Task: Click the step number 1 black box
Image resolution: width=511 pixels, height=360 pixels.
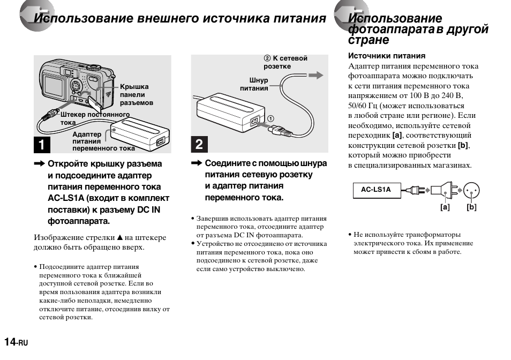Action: point(42,145)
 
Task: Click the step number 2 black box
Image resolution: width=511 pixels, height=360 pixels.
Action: point(199,145)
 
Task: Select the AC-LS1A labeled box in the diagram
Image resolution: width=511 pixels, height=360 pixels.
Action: point(376,190)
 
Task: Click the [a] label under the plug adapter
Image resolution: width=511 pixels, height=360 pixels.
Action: point(445,207)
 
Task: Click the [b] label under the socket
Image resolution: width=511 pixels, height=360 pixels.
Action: point(471,207)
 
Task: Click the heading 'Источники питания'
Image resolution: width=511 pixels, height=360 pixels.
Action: point(387,55)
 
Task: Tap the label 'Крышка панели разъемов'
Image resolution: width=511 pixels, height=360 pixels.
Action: point(136,94)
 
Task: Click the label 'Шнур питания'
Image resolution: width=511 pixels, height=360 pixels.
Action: point(256,84)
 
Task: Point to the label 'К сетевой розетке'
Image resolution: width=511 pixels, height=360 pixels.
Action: point(286,62)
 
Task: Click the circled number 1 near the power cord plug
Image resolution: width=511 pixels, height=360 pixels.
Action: point(271,118)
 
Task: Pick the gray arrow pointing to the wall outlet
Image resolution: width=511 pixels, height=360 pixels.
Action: point(316,76)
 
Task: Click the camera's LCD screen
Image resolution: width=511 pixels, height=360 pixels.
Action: point(54,84)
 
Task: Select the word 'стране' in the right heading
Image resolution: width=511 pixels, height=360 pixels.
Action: point(369,40)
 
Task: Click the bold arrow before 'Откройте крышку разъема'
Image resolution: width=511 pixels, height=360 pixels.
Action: point(40,164)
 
